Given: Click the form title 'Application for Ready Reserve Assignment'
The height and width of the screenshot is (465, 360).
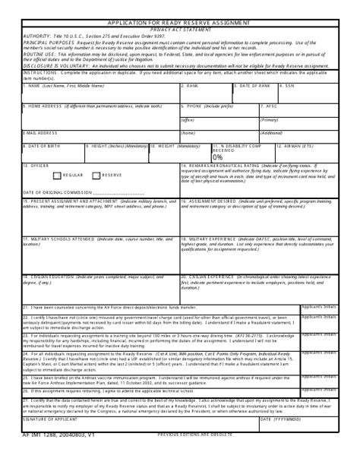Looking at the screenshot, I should coord(179,24).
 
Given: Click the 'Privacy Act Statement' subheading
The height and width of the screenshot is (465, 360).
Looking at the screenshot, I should coord(179,30).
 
